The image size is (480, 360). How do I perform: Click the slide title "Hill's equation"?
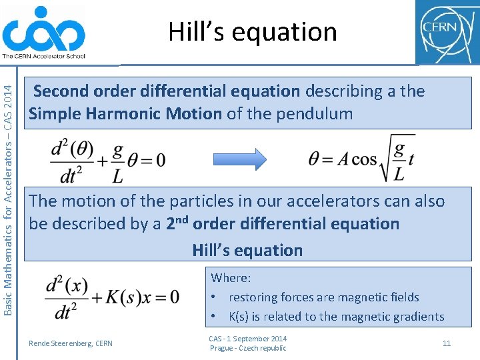coord(253,31)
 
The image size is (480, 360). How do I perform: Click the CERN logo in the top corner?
coord(446,31)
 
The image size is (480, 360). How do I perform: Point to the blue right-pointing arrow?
coord(239,159)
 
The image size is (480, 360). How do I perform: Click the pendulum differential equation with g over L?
coord(108,159)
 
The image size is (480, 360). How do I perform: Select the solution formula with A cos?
coord(361,159)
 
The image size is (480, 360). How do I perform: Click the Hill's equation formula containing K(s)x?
coord(113,295)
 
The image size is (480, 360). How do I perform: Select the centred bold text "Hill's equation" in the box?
coord(247,250)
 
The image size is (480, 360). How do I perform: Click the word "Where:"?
coord(231,277)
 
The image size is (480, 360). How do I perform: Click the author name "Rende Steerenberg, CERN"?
coord(71,343)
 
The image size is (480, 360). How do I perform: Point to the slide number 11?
coord(447,343)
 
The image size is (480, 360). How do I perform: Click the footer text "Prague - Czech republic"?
coord(248,348)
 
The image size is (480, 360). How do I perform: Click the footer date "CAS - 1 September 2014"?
coord(247,339)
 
